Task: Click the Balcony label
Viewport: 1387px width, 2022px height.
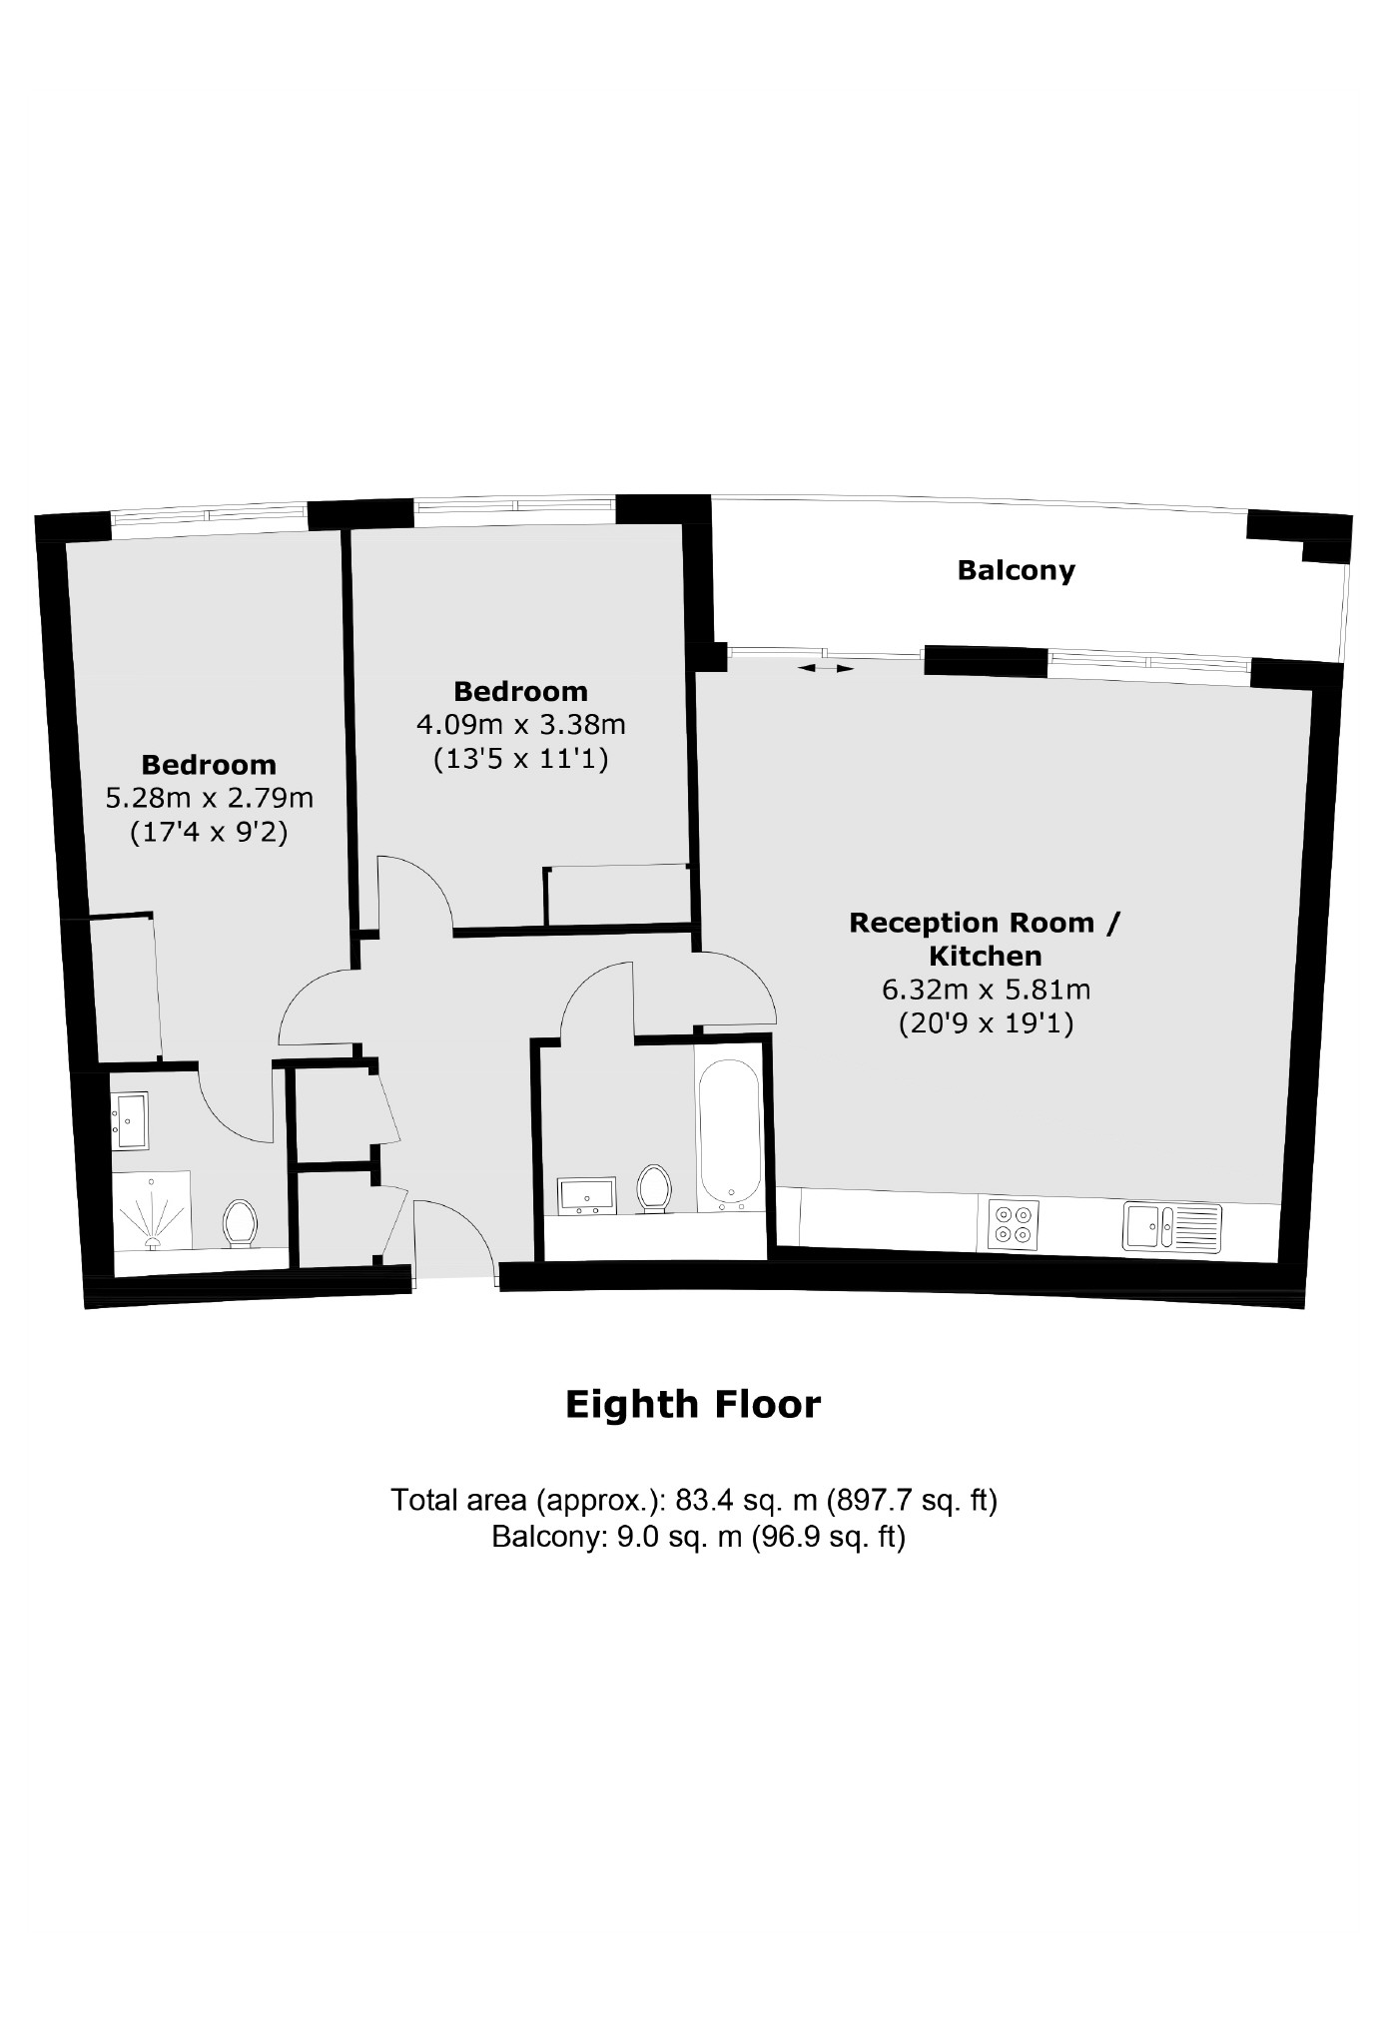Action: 1016,571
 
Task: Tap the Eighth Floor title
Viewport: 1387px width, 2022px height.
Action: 693,1404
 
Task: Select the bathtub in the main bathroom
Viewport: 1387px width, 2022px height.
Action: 730,1134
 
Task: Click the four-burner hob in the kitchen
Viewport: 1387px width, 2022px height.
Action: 1014,1224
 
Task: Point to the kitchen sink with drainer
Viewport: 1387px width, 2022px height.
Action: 1172,1225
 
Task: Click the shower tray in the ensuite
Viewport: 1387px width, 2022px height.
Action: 152,1210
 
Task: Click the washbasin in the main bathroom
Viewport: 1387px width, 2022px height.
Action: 588,1195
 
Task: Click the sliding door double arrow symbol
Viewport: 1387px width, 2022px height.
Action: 825,668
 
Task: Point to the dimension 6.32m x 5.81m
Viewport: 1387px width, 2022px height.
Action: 985,991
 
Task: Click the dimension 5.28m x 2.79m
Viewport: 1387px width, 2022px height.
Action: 209,799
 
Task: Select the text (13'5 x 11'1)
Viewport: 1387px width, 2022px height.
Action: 520,759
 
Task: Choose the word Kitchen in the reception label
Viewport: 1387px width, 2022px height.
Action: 985,957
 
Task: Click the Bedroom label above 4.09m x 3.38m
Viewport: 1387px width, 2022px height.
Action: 520,691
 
